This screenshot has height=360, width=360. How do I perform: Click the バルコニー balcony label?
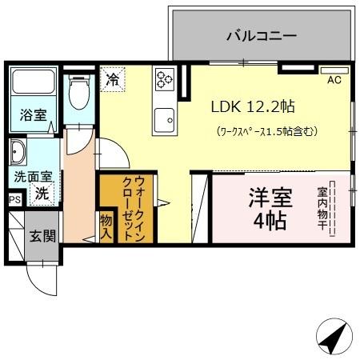coord(261,36)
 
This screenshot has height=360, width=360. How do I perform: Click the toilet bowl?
coord(78,94)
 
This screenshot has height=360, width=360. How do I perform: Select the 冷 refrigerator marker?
coord(113,79)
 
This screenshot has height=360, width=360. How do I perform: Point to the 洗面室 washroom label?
coord(31,176)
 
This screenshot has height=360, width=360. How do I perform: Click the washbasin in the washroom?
coord(18,152)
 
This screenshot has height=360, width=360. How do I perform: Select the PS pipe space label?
coord(14,200)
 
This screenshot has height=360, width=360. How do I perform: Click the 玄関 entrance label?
coord(42,236)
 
